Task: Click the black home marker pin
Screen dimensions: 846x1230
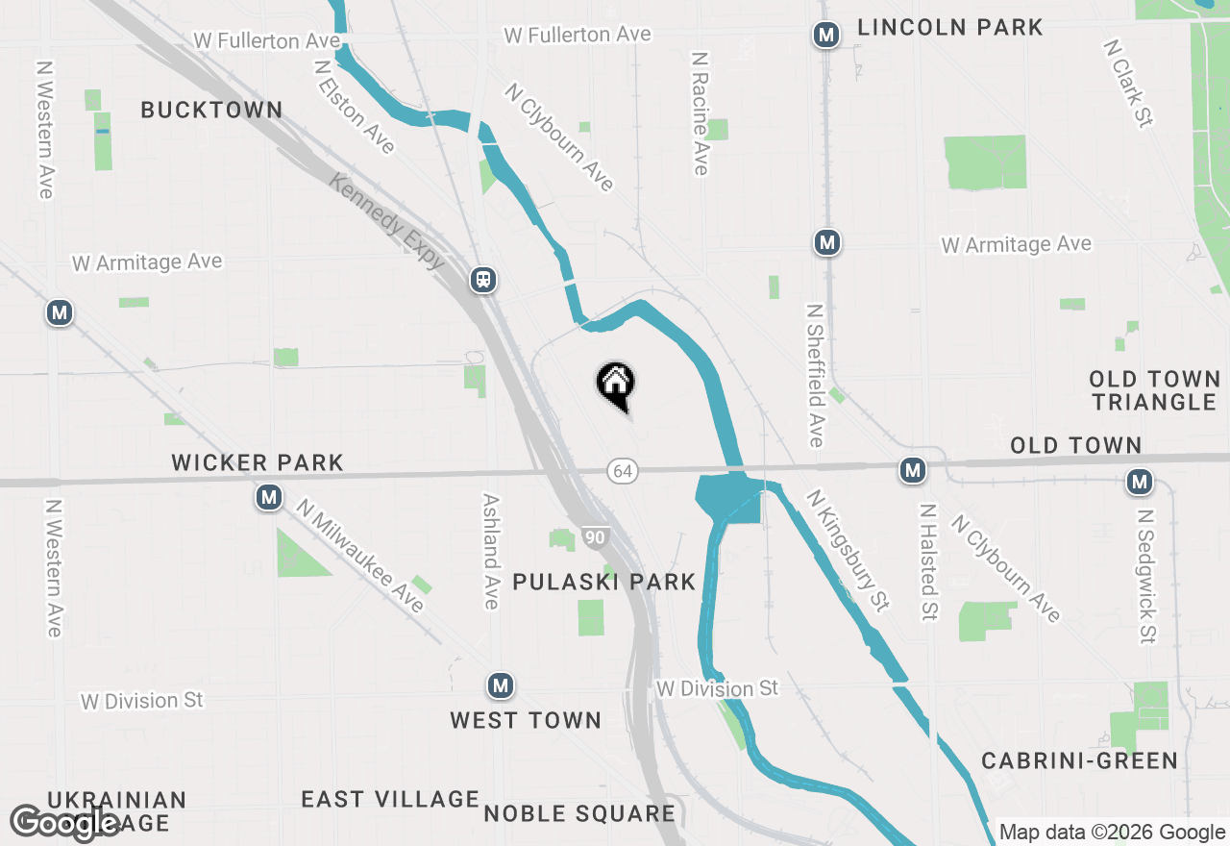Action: (615, 385)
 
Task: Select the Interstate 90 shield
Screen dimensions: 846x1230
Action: (595, 537)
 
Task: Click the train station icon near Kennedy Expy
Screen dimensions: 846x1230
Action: (482, 280)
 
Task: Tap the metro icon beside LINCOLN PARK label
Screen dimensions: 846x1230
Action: (824, 36)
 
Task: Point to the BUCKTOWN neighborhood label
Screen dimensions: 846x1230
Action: (211, 111)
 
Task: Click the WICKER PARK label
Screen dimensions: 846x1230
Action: (258, 462)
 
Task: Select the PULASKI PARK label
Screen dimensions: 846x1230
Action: (604, 582)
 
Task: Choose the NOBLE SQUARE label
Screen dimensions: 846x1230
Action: (579, 814)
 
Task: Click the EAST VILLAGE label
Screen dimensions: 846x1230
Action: (390, 799)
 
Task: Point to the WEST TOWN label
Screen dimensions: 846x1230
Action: (526, 720)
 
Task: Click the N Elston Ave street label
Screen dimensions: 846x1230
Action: (355, 106)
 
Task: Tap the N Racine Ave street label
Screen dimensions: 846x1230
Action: (701, 113)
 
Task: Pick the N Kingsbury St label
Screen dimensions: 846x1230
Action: (849, 551)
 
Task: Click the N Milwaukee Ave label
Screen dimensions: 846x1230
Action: (359, 555)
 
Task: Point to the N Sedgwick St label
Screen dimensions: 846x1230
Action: (1145, 576)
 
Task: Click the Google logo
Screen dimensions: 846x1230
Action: (65, 823)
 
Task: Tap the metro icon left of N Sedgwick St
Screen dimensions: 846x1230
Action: (1140, 482)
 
